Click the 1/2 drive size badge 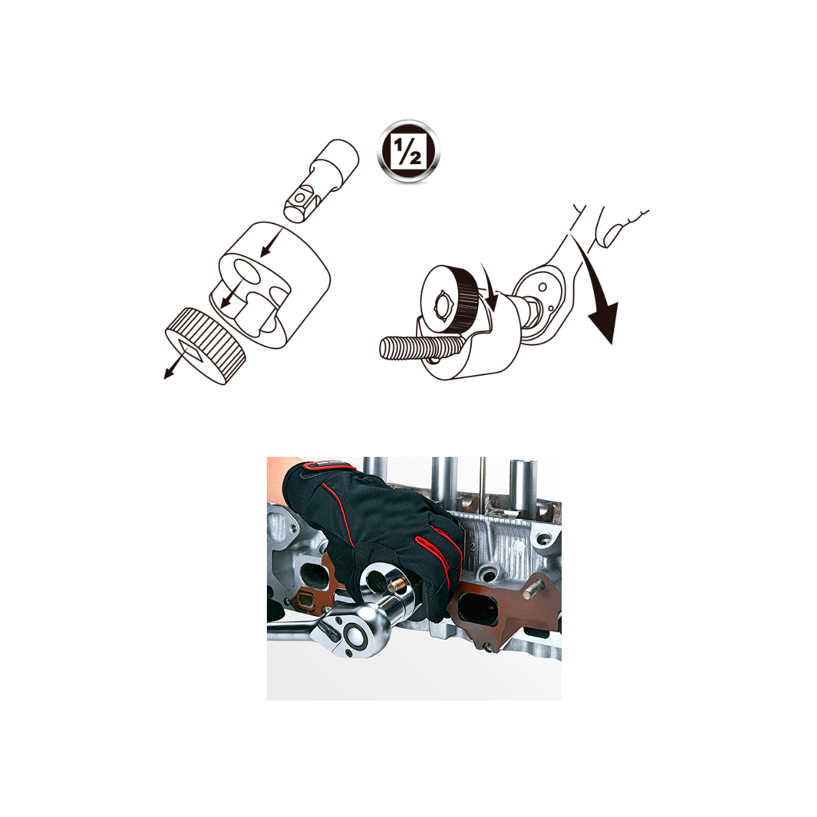pos(408,151)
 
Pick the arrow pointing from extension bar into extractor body pos(270,243)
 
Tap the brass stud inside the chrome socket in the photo pos(396,586)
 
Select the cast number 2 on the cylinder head pos(471,547)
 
